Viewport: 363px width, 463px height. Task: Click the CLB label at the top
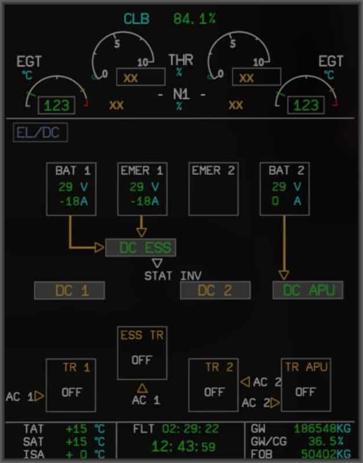coord(136,19)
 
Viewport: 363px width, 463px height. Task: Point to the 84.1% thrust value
coord(194,19)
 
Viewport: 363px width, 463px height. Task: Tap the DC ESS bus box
coord(140,248)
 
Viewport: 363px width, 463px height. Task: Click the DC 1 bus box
coord(70,291)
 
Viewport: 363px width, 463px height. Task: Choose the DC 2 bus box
coord(215,291)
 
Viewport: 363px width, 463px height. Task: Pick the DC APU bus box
coord(308,291)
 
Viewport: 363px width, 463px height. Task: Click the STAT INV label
coord(173,276)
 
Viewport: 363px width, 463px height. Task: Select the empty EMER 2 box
coord(213,189)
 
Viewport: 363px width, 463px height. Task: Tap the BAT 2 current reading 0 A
coord(288,201)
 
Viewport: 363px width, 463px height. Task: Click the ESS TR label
coord(142,335)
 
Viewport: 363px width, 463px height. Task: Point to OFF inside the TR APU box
coord(305,392)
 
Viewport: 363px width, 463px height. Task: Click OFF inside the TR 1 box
coord(72,392)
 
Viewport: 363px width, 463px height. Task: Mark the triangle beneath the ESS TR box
coord(142,388)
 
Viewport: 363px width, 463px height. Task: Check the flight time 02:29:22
coord(191,429)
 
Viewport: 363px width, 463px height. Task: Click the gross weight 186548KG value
coord(322,429)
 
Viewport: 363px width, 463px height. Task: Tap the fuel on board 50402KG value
coord(326,454)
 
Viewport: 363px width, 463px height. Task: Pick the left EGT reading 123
coord(56,106)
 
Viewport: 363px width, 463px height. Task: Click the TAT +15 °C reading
coord(85,429)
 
